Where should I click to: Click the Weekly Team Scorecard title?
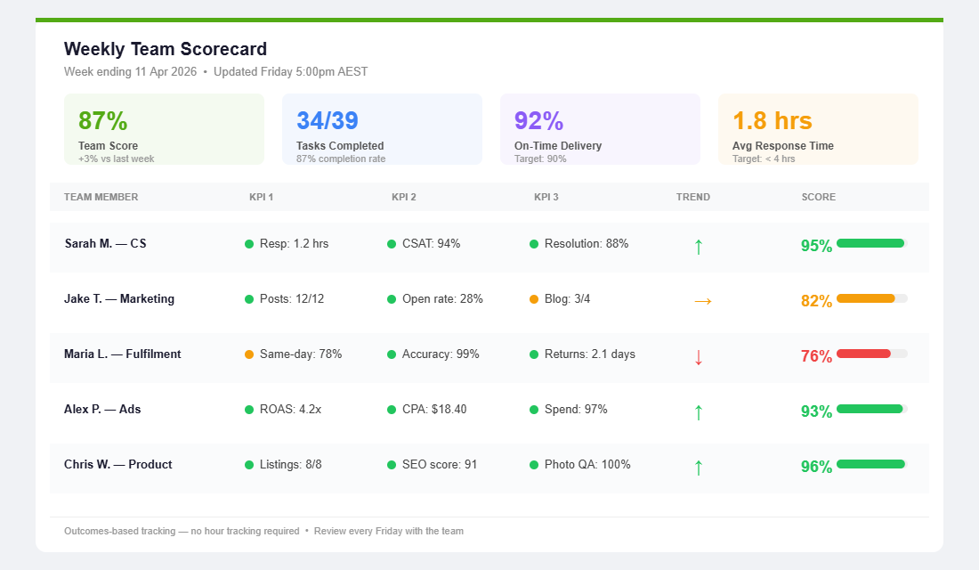(x=166, y=49)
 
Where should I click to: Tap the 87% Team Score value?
(x=103, y=121)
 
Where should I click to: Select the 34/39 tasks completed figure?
(x=328, y=121)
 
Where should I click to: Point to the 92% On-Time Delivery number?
(x=539, y=121)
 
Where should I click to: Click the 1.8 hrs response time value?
(x=772, y=121)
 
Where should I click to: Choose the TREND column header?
(x=692, y=197)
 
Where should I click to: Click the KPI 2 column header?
(x=404, y=197)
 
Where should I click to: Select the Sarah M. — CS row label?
(x=105, y=243)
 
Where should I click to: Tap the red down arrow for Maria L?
(x=699, y=357)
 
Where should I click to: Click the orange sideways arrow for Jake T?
(x=702, y=301)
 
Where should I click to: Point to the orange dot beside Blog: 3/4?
(x=534, y=299)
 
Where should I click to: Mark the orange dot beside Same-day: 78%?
(x=249, y=354)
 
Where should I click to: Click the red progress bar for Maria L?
(x=863, y=354)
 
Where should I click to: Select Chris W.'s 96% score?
(x=816, y=467)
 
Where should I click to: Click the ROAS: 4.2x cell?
(x=290, y=410)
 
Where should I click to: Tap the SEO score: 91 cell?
(x=439, y=465)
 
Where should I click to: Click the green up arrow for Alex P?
(x=699, y=412)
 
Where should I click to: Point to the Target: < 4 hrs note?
(x=764, y=159)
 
